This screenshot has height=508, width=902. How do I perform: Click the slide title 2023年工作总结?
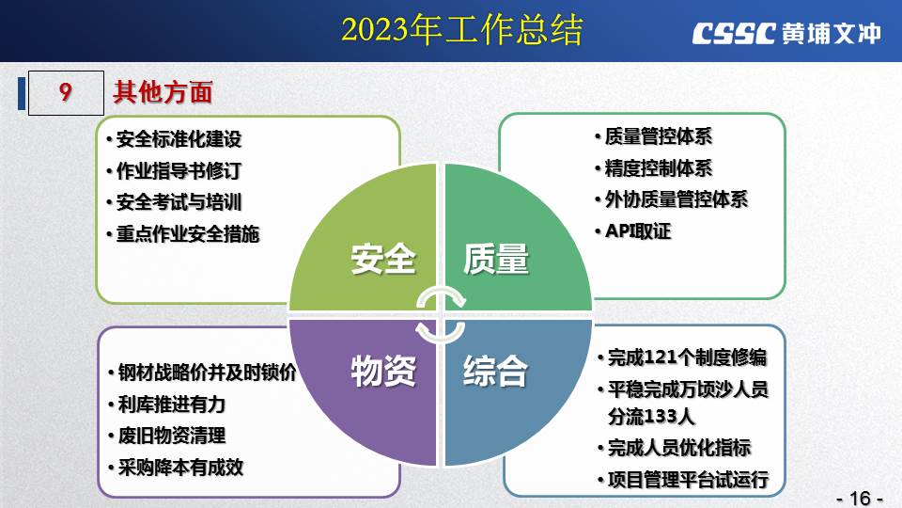click(x=462, y=30)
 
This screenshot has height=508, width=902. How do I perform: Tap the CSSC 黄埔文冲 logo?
click(x=786, y=34)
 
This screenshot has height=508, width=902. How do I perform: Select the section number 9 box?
click(x=66, y=93)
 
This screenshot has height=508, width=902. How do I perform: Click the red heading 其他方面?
click(x=163, y=92)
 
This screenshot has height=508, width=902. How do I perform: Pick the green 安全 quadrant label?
click(x=383, y=259)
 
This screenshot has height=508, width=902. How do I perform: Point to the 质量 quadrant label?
click(x=496, y=259)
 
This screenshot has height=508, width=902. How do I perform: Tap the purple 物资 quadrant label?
click(x=383, y=371)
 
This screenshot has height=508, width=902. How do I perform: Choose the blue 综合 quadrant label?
click(x=496, y=371)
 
